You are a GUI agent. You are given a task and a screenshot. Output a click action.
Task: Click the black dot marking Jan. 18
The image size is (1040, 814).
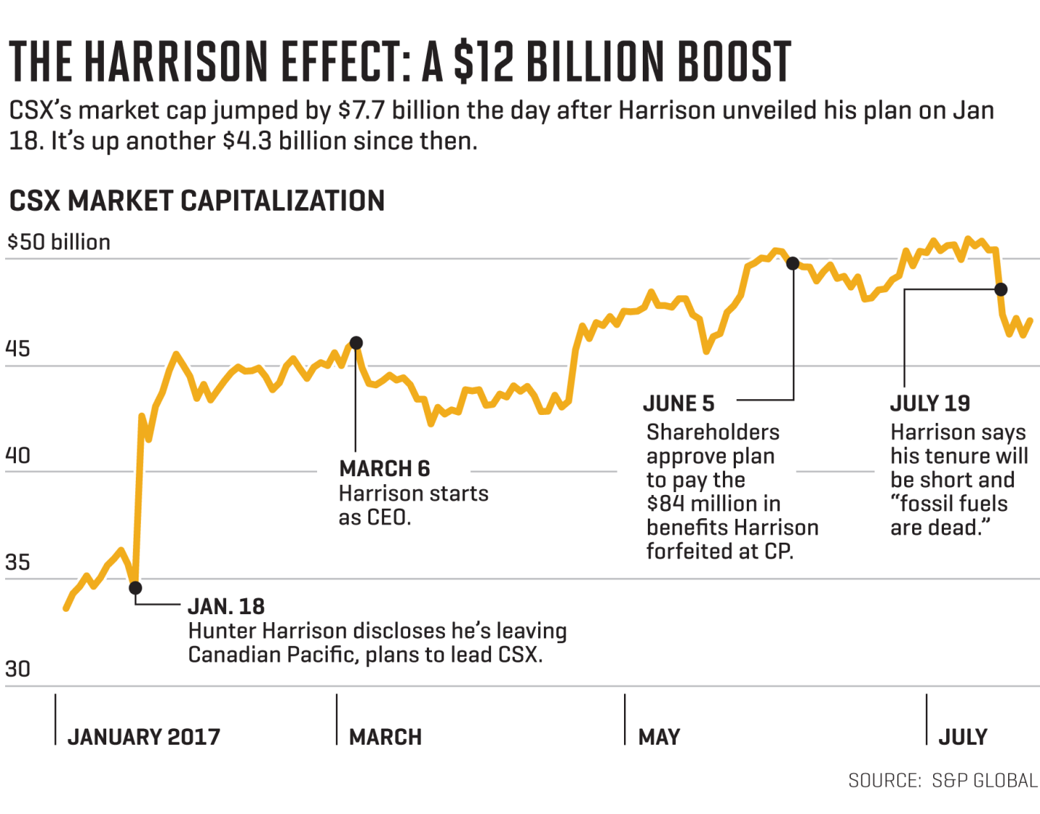coord(135,588)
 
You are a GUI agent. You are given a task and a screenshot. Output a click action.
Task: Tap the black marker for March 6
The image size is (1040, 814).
coord(356,343)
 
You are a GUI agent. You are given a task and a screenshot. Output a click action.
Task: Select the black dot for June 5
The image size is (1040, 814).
coord(792,263)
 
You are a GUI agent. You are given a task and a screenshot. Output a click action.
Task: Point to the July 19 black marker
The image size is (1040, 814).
coord(1000,289)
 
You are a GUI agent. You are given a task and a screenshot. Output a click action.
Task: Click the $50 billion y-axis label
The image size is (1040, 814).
coord(58,242)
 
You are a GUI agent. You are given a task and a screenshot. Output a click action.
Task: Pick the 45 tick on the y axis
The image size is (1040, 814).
coord(17,349)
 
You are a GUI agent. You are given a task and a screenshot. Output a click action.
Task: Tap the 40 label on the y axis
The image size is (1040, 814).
coord(17,456)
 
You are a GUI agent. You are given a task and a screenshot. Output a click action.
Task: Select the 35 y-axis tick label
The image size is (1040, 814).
coord(17,563)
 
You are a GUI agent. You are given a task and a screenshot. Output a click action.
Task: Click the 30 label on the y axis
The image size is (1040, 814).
coord(17,670)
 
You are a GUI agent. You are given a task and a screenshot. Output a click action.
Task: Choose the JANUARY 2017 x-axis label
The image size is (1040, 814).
coord(144,737)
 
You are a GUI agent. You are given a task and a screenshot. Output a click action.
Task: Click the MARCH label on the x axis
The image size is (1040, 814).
coord(385,737)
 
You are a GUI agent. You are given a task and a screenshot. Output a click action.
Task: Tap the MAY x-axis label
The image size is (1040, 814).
coord(659,737)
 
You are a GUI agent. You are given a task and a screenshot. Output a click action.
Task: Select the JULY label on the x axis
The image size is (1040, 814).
coord(963,737)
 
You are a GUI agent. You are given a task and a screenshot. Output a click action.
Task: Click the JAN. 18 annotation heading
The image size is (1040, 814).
coord(226,606)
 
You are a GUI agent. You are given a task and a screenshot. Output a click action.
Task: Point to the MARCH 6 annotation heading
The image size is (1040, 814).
coord(384,469)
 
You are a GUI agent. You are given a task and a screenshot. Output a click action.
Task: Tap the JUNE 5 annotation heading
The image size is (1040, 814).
coord(678,403)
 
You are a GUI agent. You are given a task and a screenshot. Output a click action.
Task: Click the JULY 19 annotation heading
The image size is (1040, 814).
coord(929,403)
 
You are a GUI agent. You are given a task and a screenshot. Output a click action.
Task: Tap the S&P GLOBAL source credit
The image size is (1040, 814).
coord(984,781)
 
